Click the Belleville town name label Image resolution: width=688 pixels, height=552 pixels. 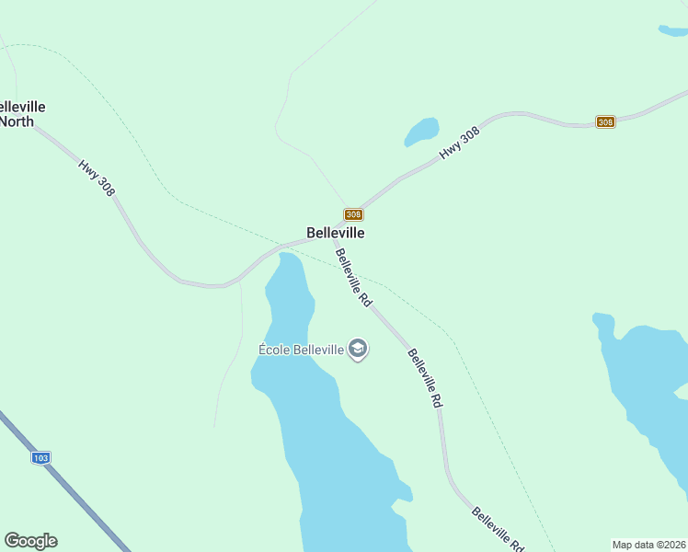coord(336,233)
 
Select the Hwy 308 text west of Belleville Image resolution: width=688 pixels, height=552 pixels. coord(97,178)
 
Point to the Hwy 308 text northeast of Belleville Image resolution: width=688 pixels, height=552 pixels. coord(460,144)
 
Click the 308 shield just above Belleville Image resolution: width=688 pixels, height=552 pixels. coord(353,214)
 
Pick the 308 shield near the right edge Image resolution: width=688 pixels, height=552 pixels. coord(605,121)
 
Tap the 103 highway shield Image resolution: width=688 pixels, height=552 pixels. coord(40,457)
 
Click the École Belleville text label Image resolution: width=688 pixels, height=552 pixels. coord(301,349)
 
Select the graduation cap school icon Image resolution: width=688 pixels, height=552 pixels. coord(359,350)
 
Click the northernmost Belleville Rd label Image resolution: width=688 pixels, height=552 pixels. coord(353,277)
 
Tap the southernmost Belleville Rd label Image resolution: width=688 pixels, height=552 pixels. coord(498,530)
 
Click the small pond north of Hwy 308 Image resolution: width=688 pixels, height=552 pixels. coord(421,132)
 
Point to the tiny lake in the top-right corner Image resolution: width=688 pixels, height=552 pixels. coord(673,30)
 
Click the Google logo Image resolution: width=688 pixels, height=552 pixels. coord(30,541)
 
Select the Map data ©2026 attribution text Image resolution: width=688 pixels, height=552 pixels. coord(648,545)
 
